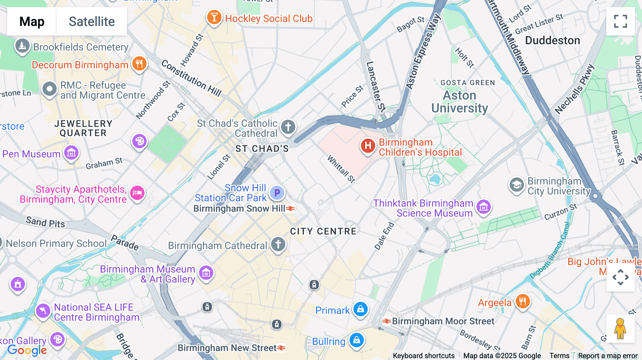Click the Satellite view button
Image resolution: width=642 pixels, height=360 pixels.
pos(92,21)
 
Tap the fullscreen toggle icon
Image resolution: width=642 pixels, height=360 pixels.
pos(620,21)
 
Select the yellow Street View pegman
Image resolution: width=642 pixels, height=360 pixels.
pos(620,329)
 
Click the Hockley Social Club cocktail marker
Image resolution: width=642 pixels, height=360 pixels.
pos(214,17)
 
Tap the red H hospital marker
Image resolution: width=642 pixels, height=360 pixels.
pos(368,145)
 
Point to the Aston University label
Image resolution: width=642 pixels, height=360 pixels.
pos(459,102)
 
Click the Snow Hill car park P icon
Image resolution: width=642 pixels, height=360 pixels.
pos(277,193)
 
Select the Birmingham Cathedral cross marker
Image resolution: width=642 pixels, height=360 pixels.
pos(278,245)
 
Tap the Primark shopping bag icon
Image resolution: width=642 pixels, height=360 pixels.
pos(360,309)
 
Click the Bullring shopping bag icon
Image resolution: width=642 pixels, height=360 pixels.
pos(356,340)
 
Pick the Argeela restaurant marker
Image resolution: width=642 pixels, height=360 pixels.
pos(522,302)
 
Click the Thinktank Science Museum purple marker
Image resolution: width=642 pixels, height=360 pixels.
pos(484,207)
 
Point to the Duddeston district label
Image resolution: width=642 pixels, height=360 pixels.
pos(552,40)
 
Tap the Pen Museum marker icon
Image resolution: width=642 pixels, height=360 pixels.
pos(71,153)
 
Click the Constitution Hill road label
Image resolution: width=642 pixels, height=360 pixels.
pos(191,78)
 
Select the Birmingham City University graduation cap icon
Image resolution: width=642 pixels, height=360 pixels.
pos(516,185)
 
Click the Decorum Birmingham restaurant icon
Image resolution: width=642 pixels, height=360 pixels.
pos(139,64)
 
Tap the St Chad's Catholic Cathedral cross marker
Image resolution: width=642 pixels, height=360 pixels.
pos(288,127)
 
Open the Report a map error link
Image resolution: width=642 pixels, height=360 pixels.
pos(608,355)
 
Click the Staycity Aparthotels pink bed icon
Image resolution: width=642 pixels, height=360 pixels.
pos(137,193)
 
